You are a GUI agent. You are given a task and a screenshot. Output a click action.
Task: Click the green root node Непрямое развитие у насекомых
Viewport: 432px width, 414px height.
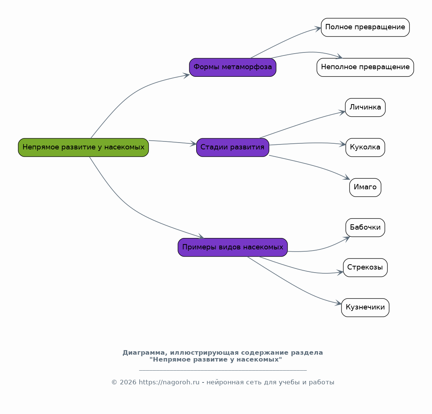click(83, 148)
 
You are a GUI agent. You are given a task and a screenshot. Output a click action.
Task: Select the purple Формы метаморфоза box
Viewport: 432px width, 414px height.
click(232, 67)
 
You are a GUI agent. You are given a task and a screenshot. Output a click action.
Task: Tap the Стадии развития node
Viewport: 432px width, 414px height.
click(232, 148)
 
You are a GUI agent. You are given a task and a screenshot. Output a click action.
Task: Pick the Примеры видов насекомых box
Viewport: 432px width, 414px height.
click(232, 247)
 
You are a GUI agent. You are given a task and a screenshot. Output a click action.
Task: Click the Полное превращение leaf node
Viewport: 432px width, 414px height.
click(365, 27)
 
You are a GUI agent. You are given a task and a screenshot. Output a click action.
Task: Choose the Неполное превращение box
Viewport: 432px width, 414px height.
click(365, 67)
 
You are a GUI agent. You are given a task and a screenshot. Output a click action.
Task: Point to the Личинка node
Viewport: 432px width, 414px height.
click(365, 108)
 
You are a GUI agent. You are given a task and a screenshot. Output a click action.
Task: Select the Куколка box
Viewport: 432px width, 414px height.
click(365, 148)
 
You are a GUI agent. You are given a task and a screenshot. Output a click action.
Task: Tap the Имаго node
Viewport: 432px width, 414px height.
click(365, 187)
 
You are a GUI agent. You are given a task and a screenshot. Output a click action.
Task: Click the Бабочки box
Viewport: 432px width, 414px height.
click(365, 227)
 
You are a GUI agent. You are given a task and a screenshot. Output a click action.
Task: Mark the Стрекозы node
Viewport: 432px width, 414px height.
click(365, 268)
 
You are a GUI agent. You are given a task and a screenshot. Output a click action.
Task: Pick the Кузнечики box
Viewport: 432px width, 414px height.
click(365, 308)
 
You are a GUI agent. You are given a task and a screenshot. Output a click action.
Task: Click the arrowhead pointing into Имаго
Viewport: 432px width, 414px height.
click(346, 178)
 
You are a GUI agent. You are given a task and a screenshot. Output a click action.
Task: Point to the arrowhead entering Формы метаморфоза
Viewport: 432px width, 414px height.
click(186, 75)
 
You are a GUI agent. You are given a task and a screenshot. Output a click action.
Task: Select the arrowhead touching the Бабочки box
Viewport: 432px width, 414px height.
click(346, 239)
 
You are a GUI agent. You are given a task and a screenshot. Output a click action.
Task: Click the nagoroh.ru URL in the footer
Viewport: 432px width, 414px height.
click(169, 382)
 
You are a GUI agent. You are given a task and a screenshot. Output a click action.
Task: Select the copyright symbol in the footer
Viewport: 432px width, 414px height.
click(114, 382)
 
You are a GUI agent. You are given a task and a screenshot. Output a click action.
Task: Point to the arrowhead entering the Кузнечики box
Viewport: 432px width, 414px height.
click(338, 303)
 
